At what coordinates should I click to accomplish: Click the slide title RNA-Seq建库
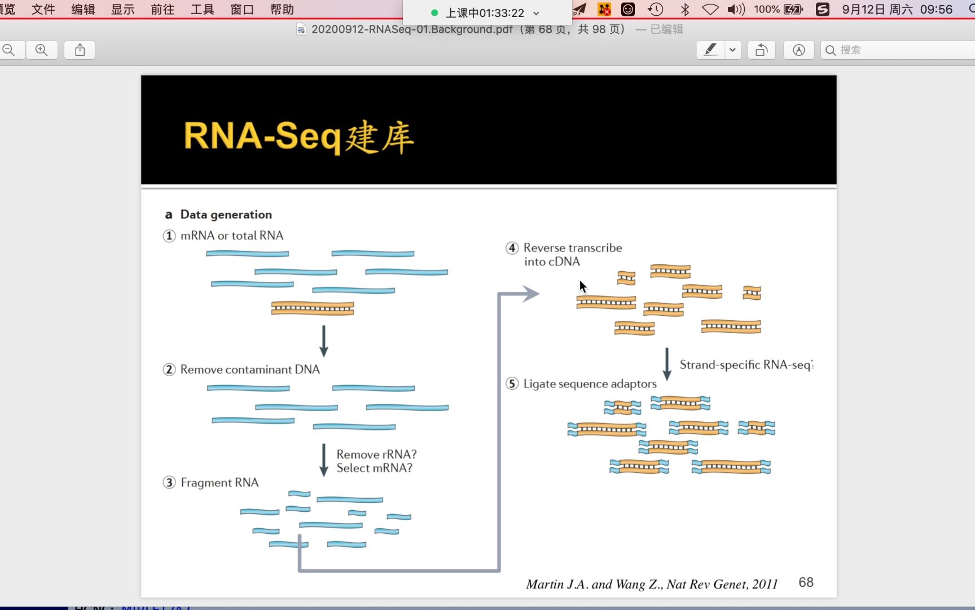click(x=298, y=137)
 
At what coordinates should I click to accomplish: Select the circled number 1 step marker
click(x=169, y=236)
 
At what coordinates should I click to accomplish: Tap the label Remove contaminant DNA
click(x=250, y=369)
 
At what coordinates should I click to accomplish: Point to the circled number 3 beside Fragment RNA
click(x=169, y=483)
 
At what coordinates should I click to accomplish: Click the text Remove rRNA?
click(x=376, y=454)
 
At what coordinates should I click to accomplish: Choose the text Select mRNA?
click(x=374, y=468)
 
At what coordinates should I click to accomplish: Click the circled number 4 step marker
click(x=512, y=248)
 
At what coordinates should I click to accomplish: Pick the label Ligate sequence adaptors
click(x=590, y=384)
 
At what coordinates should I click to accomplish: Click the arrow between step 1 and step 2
click(x=324, y=341)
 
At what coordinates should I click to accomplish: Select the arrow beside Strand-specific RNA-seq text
click(x=667, y=364)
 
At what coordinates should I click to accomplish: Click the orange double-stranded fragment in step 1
click(x=313, y=308)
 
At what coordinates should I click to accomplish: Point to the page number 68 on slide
click(x=806, y=582)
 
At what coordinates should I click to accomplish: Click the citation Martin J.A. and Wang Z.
click(x=652, y=584)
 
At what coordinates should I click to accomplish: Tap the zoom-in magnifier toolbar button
click(x=42, y=50)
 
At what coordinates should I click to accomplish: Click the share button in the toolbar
click(x=80, y=50)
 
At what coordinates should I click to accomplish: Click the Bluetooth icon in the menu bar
click(x=685, y=10)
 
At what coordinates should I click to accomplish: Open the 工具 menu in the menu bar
click(x=202, y=10)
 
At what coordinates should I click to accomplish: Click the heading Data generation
click(x=226, y=215)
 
